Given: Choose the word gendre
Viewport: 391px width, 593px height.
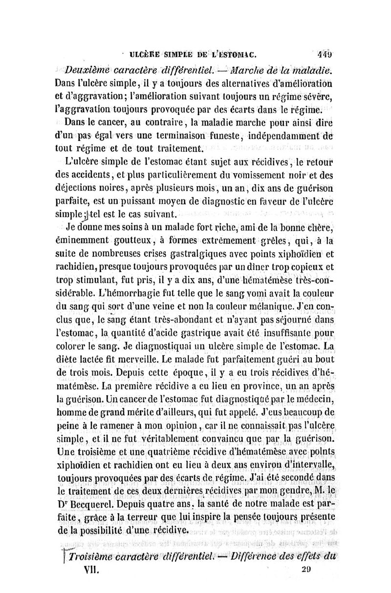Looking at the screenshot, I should click(x=282, y=490).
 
